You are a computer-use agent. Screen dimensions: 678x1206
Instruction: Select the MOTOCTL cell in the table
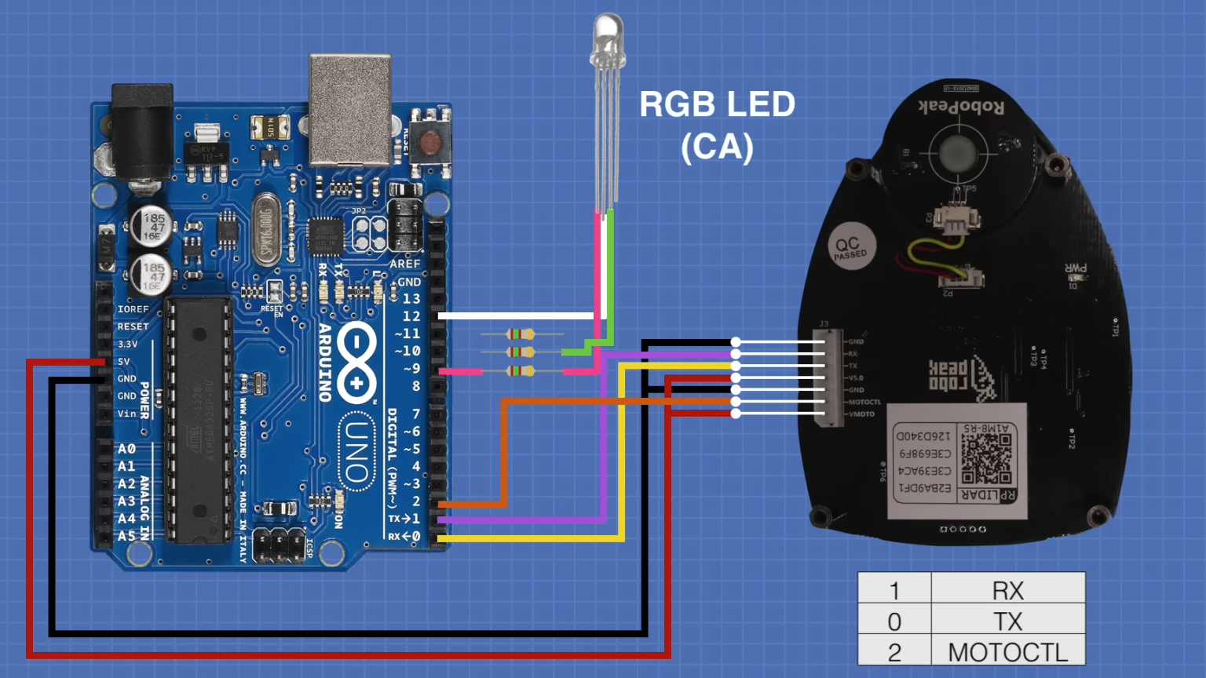coord(1007,651)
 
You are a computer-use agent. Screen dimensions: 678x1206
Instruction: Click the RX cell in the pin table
coord(1007,590)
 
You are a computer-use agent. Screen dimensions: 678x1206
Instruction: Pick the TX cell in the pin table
coord(1007,621)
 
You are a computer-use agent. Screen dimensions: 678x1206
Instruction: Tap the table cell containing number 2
coord(894,651)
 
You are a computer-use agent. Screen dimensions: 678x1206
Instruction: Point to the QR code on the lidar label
coord(986,458)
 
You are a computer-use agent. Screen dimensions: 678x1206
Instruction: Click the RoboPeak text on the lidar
coord(961,107)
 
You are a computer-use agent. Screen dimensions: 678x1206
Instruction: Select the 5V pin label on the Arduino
coord(124,362)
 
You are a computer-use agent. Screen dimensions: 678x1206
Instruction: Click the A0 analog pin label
coord(126,449)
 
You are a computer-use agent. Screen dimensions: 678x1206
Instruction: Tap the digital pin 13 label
coord(411,299)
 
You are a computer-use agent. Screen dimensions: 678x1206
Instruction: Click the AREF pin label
coord(405,264)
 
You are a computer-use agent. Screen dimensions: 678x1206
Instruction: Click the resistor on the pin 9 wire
coord(521,371)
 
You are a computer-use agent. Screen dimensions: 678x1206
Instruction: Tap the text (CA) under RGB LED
coord(717,147)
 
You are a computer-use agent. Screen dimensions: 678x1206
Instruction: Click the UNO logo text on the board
coord(356,452)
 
